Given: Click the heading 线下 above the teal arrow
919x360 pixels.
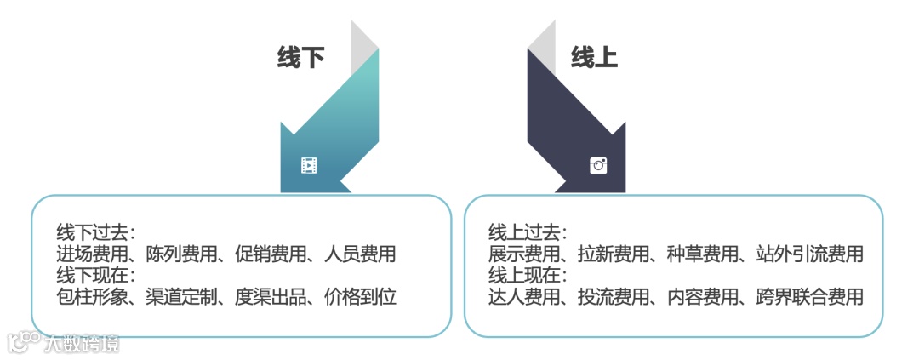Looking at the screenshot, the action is click(x=300, y=58).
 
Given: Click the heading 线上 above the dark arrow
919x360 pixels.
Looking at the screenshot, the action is click(x=593, y=58).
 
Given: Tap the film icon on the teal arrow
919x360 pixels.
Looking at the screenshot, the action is click(x=308, y=165).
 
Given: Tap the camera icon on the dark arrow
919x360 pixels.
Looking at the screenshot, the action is click(x=598, y=165).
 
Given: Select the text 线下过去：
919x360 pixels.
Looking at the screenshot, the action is click(x=96, y=232).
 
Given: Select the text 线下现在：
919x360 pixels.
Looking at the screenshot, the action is click(x=96, y=275).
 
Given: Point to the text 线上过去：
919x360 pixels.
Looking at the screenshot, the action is click(x=528, y=232).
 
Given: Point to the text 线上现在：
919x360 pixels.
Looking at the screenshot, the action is click(x=528, y=275).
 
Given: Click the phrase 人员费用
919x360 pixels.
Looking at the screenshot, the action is click(x=361, y=254).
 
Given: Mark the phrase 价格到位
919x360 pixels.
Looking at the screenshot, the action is click(x=361, y=296).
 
